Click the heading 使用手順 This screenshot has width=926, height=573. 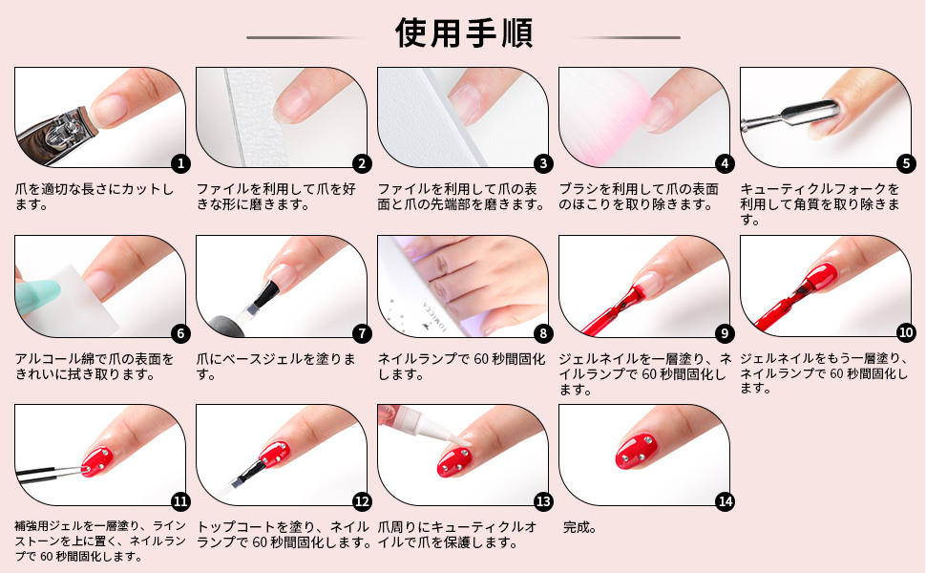pyautogui.click(x=464, y=32)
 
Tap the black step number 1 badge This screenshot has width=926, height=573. pyautogui.click(x=180, y=163)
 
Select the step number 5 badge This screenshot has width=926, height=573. pyautogui.click(x=906, y=163)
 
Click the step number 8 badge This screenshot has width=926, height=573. pyautogui.click(x=543, y=333)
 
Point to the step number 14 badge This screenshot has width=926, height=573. pyautogui.click(x=725, y=501)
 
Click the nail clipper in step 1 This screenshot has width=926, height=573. pyautogui.click(x=56, y=133)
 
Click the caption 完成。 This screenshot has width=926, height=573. pyautogui.click(x=579, y=527)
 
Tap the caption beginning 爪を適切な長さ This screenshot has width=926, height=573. pyautogui.click(x=95, y=197)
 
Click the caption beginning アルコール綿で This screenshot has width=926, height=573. pyautogui.click(x=95, y=367)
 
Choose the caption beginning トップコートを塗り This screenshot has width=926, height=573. pyautogui.click(x=284, y=535)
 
